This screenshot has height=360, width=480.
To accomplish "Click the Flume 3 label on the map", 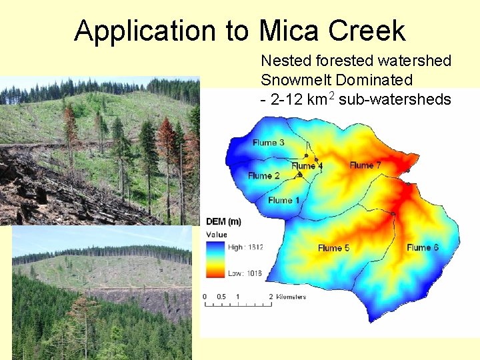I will [x=268, y=143].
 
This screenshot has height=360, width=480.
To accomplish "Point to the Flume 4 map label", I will [x=307, y=165].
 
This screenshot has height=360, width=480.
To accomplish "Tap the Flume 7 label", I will [x=365, y=165].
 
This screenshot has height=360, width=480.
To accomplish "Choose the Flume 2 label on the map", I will [x=263, y=176].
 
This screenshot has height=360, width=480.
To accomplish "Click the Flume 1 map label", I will [x=283, y=200].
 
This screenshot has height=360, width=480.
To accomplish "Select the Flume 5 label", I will [x=333, y=248].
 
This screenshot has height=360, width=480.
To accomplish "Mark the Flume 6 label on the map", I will [x=423, y=247].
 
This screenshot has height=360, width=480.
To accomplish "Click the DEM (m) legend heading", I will [x=223, y=222].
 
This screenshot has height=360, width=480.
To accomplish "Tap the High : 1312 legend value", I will [x=245, y=247].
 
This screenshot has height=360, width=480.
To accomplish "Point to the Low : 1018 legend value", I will [x=245, y=273].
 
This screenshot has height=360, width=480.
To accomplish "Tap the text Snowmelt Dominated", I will [x=336, y=80].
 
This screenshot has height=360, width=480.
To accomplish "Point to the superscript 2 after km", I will [x=331, y=95].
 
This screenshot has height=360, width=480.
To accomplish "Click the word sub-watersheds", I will [x=395, y=99].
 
